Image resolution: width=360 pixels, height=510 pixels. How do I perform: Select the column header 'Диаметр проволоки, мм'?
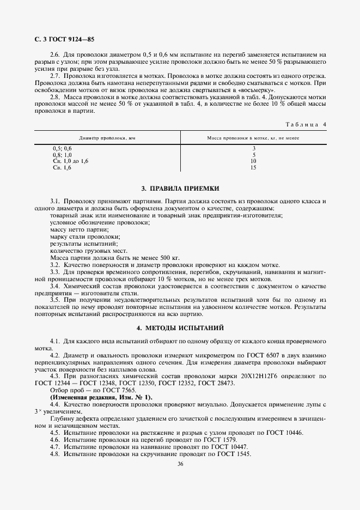pos(107,138)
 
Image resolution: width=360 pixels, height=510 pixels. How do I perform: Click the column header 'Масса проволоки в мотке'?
pos(253,138)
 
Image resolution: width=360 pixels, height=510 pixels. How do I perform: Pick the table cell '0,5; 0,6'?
pos(62,149)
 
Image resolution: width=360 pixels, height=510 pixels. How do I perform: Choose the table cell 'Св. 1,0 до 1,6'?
pos(70,161)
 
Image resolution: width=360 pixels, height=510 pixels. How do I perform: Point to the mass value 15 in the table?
pos(253,168)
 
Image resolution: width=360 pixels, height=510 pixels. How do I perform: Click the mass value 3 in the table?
pos(254,149)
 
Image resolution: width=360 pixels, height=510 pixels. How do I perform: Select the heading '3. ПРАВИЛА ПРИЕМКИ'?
pos(180,189)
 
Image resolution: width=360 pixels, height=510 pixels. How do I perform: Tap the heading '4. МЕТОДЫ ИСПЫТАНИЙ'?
pos(180,328)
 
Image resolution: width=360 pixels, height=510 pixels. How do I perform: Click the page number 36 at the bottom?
pos(180,464)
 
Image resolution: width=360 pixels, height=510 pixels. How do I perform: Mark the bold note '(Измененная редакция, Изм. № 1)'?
pos(101,397)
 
